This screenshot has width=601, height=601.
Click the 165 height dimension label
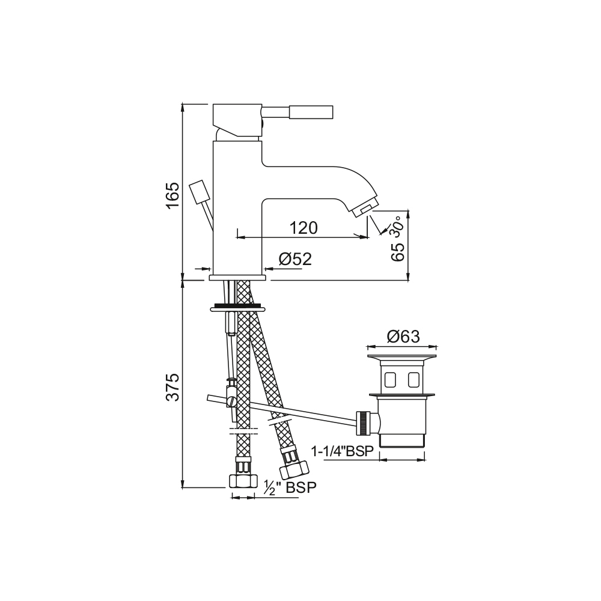pyautogui.click(x=173, y=195)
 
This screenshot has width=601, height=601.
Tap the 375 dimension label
pyautogui.click(x=173, y=387)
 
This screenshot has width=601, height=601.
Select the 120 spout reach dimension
pyautogui.click(x=303, y=228)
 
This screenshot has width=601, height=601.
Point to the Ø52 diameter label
pyautogui.click(x=295, y=259)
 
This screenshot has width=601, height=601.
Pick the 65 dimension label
pyautogui.click(x=398, y=252)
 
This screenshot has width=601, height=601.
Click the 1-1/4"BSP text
pyautogui.click(x=343, y=451)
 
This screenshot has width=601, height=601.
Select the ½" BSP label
pyautogui.click(x=290, y=487)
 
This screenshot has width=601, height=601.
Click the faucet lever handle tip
pyautogui.click(x=311, y=112)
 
